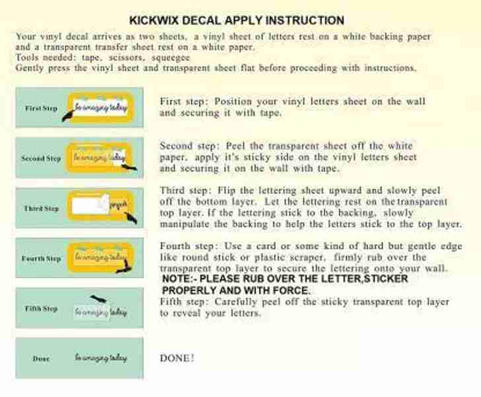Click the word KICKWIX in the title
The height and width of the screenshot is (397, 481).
pos(157,21)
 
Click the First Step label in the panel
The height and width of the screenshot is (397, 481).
pos(41,108)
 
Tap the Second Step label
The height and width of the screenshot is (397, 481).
pos(40,158)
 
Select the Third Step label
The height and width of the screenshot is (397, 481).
pos(41,208)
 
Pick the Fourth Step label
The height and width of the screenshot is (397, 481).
pos(40,259)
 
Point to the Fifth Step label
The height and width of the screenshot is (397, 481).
pos(41,308)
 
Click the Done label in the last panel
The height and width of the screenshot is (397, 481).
pos(41,359)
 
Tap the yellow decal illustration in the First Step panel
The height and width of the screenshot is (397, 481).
pos(100,107)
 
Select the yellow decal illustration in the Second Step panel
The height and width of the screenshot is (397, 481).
pos(100,158)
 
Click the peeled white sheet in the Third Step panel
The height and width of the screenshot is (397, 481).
pos(92,208)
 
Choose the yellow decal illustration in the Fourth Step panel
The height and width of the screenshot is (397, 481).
pos(100,258)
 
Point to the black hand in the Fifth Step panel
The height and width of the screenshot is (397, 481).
pos(100,300)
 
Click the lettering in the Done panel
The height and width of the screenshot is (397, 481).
pos(100,358)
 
